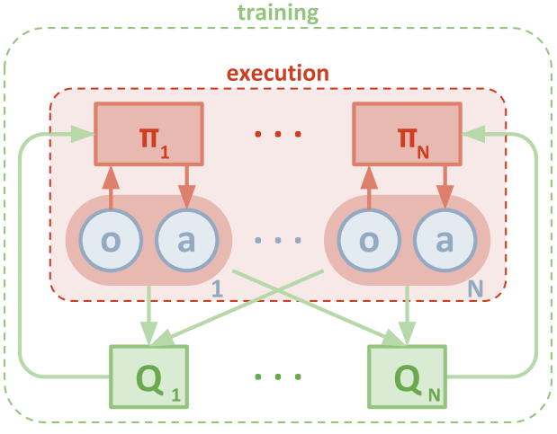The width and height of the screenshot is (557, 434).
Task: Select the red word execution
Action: [277, 73]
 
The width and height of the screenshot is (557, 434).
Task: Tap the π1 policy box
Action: [149, 134]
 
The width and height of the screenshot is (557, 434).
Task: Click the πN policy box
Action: [406, 134]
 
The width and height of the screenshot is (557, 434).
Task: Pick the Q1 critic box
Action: [149, 376]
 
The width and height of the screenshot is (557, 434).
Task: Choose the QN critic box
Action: [406, 376]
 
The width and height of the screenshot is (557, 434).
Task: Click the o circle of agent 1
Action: [111, 241]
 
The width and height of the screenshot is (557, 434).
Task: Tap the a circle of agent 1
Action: [187, 241]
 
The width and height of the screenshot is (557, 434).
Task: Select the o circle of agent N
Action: [369, 241]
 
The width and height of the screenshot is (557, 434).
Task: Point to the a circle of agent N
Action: [445, 241]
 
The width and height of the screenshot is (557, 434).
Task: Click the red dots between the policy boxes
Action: [277, 136]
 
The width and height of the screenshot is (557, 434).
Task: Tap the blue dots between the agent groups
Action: [277, 242]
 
